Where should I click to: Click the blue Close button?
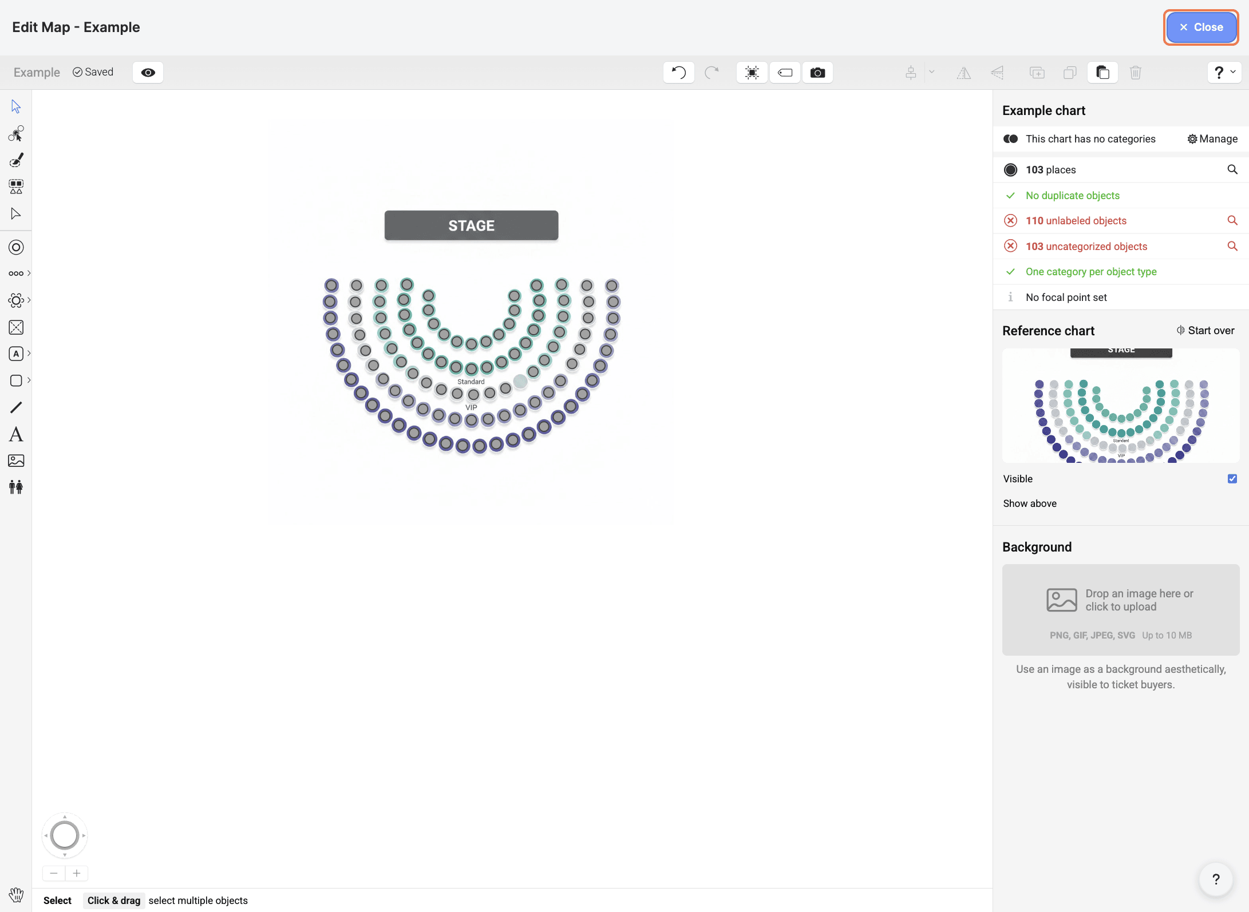click(x=1201, y=27)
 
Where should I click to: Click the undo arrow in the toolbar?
click(x=678, y=73)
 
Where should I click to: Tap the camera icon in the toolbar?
click(x=817, y=73)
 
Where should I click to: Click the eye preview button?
click(x=148, y=73)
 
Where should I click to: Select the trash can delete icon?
click(x=1136, y=73)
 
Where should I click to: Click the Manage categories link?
click(x=1212, y=139)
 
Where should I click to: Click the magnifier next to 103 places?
click(x=1232, y=169)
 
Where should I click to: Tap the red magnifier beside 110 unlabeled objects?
click(x=1232, y=220)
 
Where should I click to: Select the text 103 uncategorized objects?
click(x=1086, y=247)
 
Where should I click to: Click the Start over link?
click(x=1205, y=331)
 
